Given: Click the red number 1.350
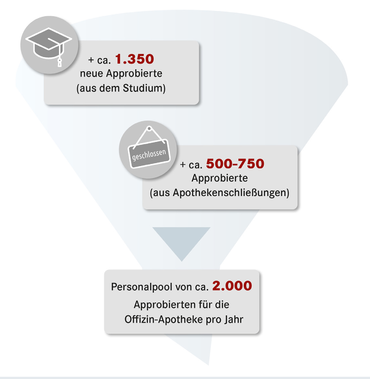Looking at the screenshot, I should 135,59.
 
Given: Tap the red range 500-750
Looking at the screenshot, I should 235,164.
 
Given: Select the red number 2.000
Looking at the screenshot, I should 232,286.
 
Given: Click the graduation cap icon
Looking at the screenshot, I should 48,44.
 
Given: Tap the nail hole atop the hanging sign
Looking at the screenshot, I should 149,129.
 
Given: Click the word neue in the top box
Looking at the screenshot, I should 92,74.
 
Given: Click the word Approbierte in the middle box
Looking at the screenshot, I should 220,178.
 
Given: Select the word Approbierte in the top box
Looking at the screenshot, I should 134,74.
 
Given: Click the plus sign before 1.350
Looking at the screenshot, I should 91,60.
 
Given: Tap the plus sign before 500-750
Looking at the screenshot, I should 183,165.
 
